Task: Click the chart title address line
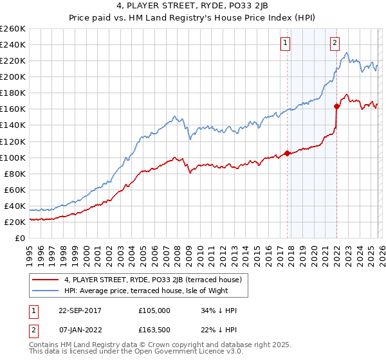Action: [193, 6]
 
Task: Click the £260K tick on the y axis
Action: [13, 29]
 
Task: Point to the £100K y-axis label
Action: [13, 157]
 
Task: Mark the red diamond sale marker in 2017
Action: [287, 153]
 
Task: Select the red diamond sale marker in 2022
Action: [336, 106]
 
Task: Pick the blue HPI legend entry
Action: [146, 291]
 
